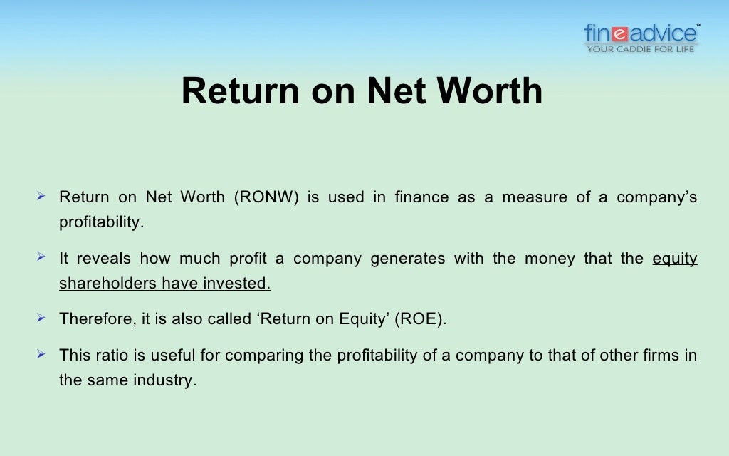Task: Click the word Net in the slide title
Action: pos(397,91)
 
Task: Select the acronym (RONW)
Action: pos(264,197)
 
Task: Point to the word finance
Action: pos(421,197)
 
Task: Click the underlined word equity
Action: pos(675,259)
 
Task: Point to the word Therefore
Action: pos(93,318)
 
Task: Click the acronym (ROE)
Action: pos(424,318)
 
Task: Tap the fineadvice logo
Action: pos(641,33)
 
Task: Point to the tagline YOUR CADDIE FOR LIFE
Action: pos(641,49)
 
